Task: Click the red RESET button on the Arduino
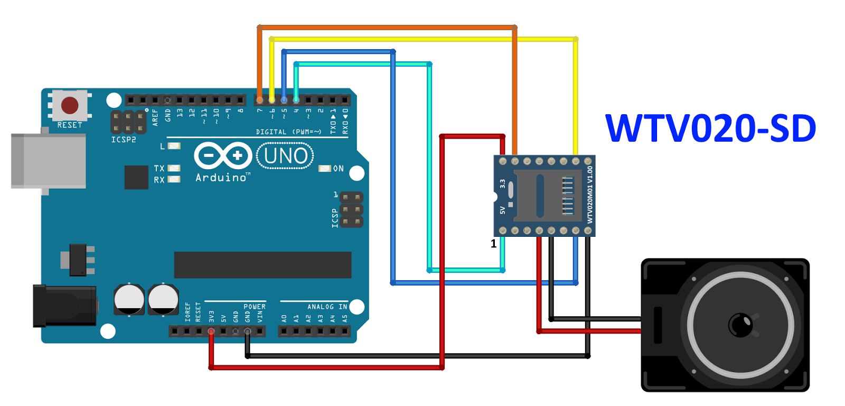point(70,105)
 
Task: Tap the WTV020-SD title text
point(710,128)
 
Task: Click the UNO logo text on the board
point(285,156)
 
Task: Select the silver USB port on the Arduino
point(49,161)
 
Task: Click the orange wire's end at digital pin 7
point(259,99)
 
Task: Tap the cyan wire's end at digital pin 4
point(296,99)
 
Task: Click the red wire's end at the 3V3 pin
point(211,331)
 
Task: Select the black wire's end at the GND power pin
point(247,331)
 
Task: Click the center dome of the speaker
point(740,324)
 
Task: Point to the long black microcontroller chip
point(262,264)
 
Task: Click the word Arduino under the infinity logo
point(221,178)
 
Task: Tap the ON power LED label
point(338,169)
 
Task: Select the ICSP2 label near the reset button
point(124,140)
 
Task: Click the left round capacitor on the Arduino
point(129,299)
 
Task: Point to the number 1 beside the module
point(493,244)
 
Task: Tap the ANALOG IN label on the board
point(327,307)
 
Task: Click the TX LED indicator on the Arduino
point(174,168)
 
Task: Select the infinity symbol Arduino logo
point(222,156)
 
